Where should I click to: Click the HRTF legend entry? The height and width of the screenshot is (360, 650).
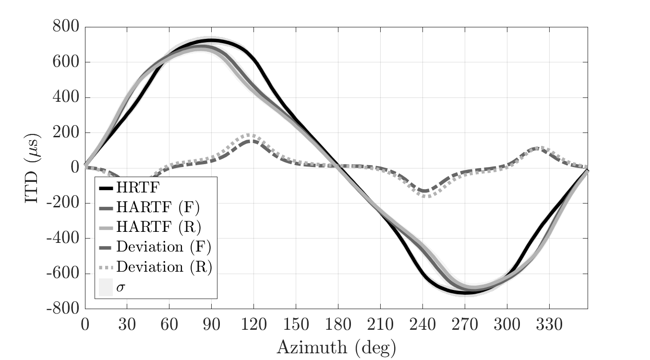tap(137, 187)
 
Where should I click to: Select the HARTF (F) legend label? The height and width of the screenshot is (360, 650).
tap(158, 207)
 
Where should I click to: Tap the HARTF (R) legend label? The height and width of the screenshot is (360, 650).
tap(158, 227)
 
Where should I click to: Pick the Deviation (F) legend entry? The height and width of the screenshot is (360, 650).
tap(164, 247)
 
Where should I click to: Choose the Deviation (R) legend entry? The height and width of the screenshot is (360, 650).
tap(164, 267)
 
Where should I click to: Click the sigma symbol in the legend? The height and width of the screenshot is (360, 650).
tap(120, 288)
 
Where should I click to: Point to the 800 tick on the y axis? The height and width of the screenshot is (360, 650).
tap(65, 27)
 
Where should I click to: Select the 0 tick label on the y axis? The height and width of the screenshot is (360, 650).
tap(74, 168)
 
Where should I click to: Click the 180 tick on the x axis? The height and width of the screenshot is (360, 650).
tap(338, 325)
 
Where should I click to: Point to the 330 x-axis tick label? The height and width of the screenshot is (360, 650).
tap(549, 325)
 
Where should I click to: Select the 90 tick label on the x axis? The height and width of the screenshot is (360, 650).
tap(211, 325)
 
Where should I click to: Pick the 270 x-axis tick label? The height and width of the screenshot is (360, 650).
tap(465, 325)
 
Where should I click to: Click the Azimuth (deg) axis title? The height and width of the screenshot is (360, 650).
tap(336, 347)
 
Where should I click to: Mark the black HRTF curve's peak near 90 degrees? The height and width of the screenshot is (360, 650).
tap(211, 40)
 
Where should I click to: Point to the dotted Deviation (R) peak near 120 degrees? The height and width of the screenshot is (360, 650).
tap(250, 135)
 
